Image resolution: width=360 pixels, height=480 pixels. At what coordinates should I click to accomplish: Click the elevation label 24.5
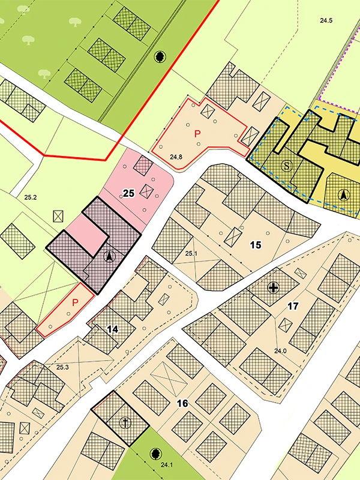(326, 20)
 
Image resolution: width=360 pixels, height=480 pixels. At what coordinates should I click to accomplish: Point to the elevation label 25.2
(31, 197)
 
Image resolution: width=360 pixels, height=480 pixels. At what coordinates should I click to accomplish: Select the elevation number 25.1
(191, 254)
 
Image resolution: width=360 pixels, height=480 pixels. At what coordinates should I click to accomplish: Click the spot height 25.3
(63, 367)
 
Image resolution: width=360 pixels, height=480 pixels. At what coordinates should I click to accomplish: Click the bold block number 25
(128, 193)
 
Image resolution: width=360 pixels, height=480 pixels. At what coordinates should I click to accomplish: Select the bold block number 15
(256, 245)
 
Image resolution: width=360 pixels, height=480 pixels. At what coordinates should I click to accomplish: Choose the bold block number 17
(293, 306)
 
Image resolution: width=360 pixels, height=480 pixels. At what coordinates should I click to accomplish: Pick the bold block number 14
(112, 329)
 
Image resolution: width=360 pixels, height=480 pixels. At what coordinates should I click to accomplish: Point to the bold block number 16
(182, 403)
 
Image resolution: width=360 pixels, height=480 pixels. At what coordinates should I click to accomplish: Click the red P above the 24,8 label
(197, 134)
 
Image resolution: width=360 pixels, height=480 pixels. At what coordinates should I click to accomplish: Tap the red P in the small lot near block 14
(75, 303)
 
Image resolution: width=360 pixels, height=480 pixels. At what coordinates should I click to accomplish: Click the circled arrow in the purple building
(109, 257)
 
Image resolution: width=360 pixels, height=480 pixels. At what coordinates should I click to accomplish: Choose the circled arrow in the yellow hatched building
(343, 194)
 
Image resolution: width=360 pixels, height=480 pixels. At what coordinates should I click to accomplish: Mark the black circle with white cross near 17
(274, 288)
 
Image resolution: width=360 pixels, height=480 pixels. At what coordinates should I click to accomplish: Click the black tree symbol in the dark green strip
(160, 57)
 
